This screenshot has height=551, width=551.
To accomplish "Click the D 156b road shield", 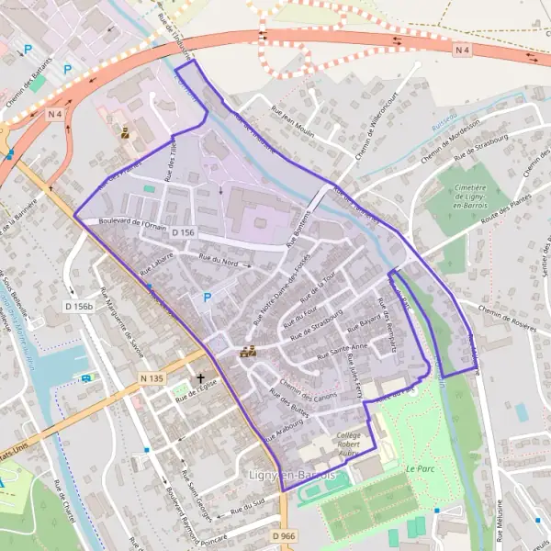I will coord(80,306).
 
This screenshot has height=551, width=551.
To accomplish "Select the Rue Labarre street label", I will coord(157,267).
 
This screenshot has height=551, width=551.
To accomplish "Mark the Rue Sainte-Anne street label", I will coord(342,351).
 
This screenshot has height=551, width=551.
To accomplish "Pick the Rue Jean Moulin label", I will coord(292,120).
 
